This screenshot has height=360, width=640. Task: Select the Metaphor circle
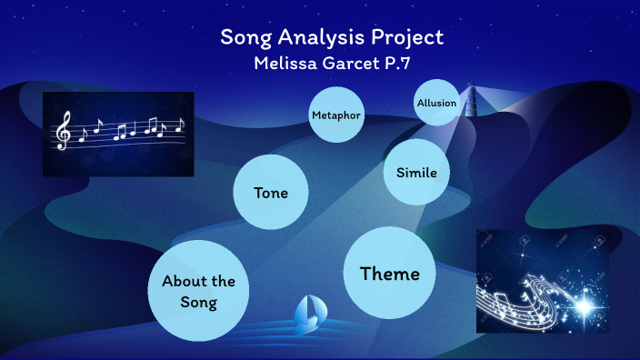pos(336,115)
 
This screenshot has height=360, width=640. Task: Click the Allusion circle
pos(436,103)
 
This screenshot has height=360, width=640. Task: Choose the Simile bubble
pos(417,173)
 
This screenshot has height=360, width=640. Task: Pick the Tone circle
pos(271,193)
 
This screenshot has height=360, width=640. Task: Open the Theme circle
pos(389,274)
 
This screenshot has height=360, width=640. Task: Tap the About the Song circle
pos(198,292)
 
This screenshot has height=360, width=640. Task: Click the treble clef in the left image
pos(64,132)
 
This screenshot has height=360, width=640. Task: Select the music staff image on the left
pos(118,134)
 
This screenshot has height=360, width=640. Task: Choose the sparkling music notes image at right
pos(542,281)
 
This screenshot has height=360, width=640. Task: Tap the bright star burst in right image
pos(584,303)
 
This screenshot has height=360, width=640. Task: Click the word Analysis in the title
pos(332,38)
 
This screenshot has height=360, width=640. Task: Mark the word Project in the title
pos(409,38)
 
